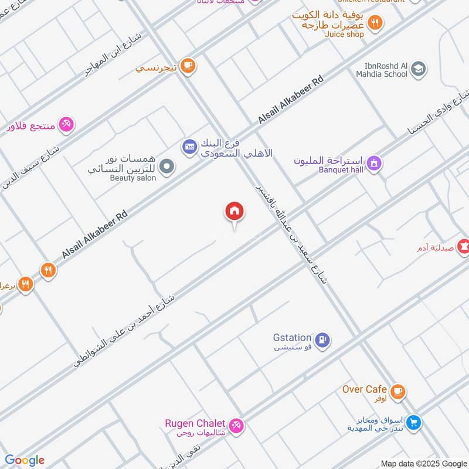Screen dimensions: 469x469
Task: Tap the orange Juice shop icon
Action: [375, 23]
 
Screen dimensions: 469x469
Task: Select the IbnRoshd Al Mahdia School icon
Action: [418, 70]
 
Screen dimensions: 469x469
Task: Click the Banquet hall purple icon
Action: [375, 164]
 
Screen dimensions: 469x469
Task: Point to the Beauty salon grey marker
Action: [167, 167]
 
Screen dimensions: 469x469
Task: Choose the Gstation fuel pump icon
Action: [322, 339]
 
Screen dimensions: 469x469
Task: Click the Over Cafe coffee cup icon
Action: [397, 391]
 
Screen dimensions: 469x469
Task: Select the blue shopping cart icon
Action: [414, 422]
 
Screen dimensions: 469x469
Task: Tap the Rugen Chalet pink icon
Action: [236, 426]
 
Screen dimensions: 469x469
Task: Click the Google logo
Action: [25, 460]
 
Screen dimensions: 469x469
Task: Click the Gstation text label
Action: [292, 337]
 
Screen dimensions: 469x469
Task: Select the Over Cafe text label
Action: [365, 389]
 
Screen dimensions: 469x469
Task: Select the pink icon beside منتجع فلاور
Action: [66, 124]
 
